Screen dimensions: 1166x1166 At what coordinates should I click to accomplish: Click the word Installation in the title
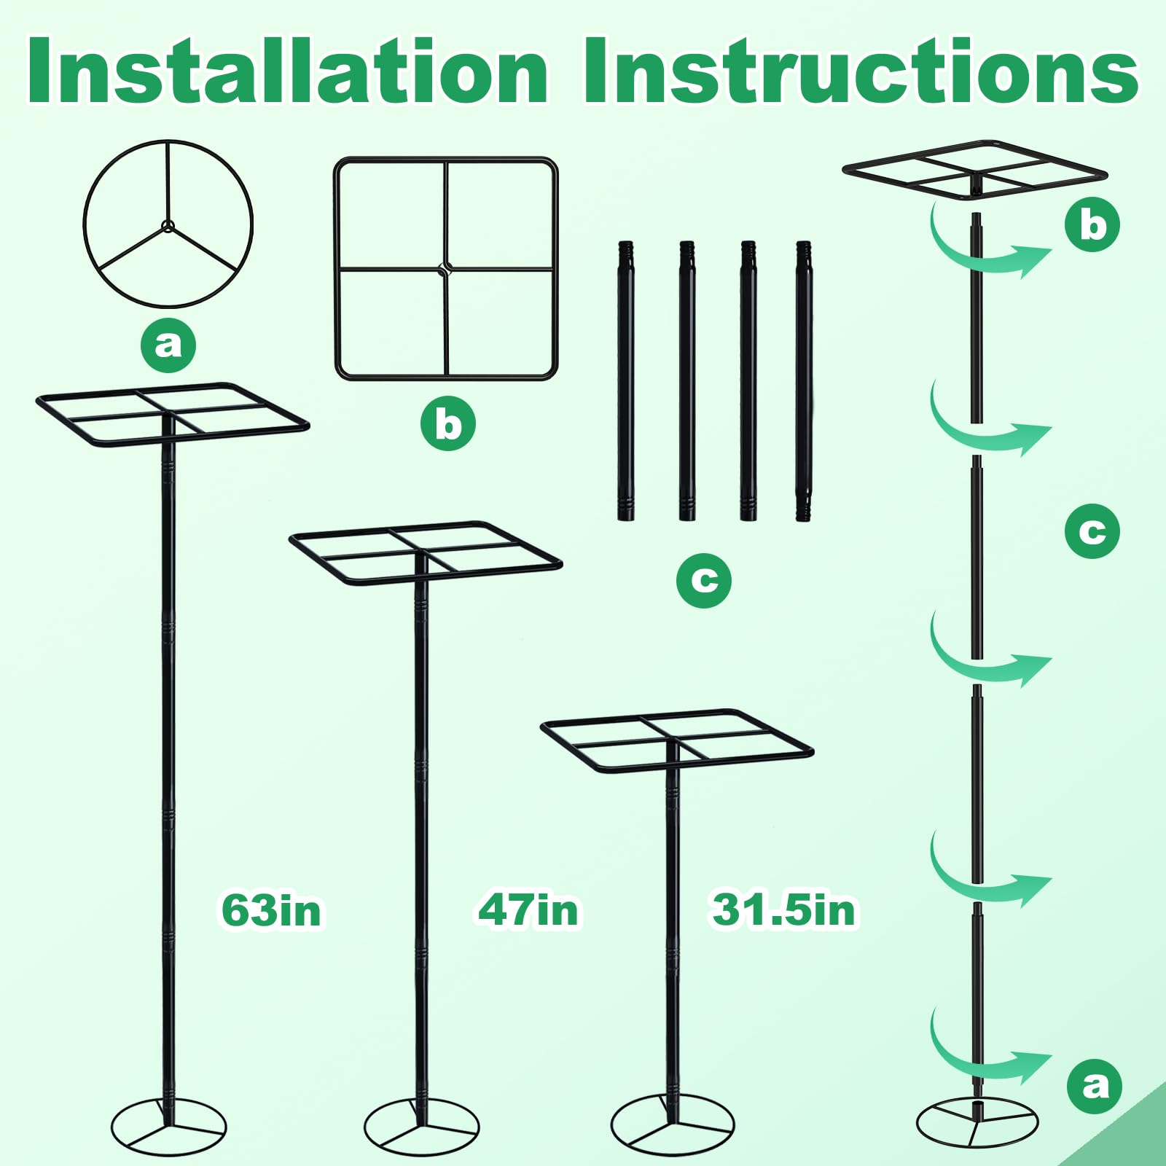[288, 70]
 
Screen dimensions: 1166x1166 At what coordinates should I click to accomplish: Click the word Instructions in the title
[861, 70]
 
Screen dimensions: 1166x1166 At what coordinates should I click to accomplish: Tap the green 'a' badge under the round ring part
[168, 344]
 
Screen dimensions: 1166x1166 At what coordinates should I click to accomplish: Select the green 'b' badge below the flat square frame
[447, 423]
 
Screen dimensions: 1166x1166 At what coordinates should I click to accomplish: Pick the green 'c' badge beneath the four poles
[704, 580]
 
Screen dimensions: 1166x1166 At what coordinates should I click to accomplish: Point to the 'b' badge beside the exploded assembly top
[1092, 224]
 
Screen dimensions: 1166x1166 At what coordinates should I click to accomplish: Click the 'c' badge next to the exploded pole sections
[1092, 531]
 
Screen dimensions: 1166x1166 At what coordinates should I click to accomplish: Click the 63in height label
[271, 911]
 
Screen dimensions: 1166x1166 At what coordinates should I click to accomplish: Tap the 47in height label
[528, 911]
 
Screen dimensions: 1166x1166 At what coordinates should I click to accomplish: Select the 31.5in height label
[783, 911]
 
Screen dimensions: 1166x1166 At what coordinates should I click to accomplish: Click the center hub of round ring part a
[168, 225]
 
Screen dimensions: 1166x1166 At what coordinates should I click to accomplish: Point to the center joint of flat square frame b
[445, 269]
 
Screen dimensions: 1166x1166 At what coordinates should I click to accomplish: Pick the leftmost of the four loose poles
[625, 380]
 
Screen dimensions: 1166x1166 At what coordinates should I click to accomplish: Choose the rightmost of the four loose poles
[804, 380]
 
